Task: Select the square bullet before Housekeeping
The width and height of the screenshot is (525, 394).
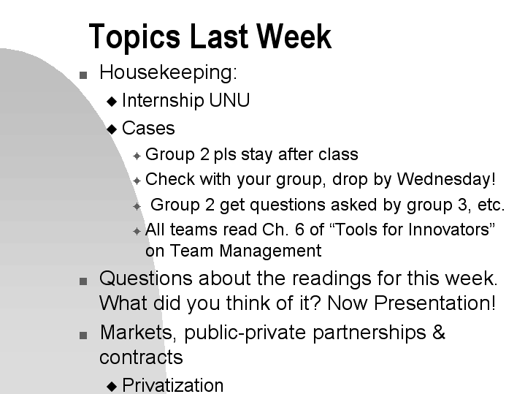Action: (x=83, y=75)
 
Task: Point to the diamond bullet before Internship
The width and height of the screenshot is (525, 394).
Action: (x=112, y=102)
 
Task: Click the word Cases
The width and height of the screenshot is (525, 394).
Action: (x=148, y=129)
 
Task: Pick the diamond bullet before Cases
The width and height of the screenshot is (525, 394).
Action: (x=112, y=129)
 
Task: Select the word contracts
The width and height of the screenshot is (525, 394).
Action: (x=141, y=357)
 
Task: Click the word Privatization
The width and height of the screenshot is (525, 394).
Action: (x=173, y=385)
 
